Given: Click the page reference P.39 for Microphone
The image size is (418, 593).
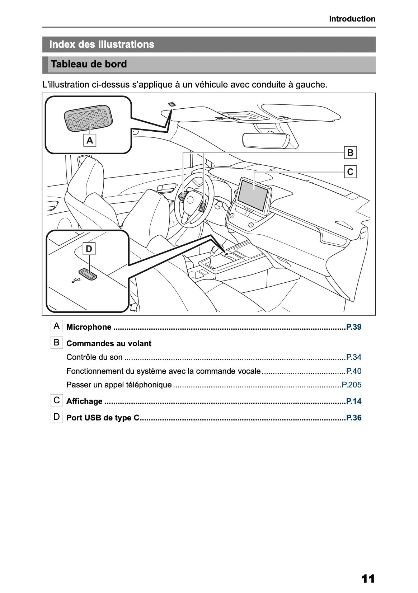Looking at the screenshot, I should (x=353, y=327).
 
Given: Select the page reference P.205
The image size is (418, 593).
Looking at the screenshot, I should (x=351, y=385).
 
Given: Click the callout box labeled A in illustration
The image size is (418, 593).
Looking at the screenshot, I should (x=90, y=140).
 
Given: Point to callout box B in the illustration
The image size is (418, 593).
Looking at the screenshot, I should (x=350, y=153).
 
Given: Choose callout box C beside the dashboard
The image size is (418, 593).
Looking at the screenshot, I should (x=350, y=172).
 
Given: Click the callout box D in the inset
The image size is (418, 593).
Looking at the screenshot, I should (x=89, y=249).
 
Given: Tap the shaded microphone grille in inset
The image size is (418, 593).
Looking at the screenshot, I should (x=88, y=119).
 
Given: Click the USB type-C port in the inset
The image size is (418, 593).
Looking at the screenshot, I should (x=88, y=274).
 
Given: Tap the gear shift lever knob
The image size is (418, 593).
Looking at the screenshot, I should (x=216, y=250).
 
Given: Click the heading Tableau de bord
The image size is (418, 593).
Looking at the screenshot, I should (x=89, y=65).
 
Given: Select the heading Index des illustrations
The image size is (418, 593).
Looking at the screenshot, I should (x=102, y=44).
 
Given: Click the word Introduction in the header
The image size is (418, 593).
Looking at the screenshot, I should (x=352, y=19).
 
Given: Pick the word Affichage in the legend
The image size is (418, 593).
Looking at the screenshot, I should (x=84, y=401).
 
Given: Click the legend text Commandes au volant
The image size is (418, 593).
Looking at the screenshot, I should (x=109, y=344).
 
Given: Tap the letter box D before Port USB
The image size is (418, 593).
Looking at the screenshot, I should (x=57, y=417).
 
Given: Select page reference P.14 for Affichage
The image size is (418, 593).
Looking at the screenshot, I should (x=353, y=401).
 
